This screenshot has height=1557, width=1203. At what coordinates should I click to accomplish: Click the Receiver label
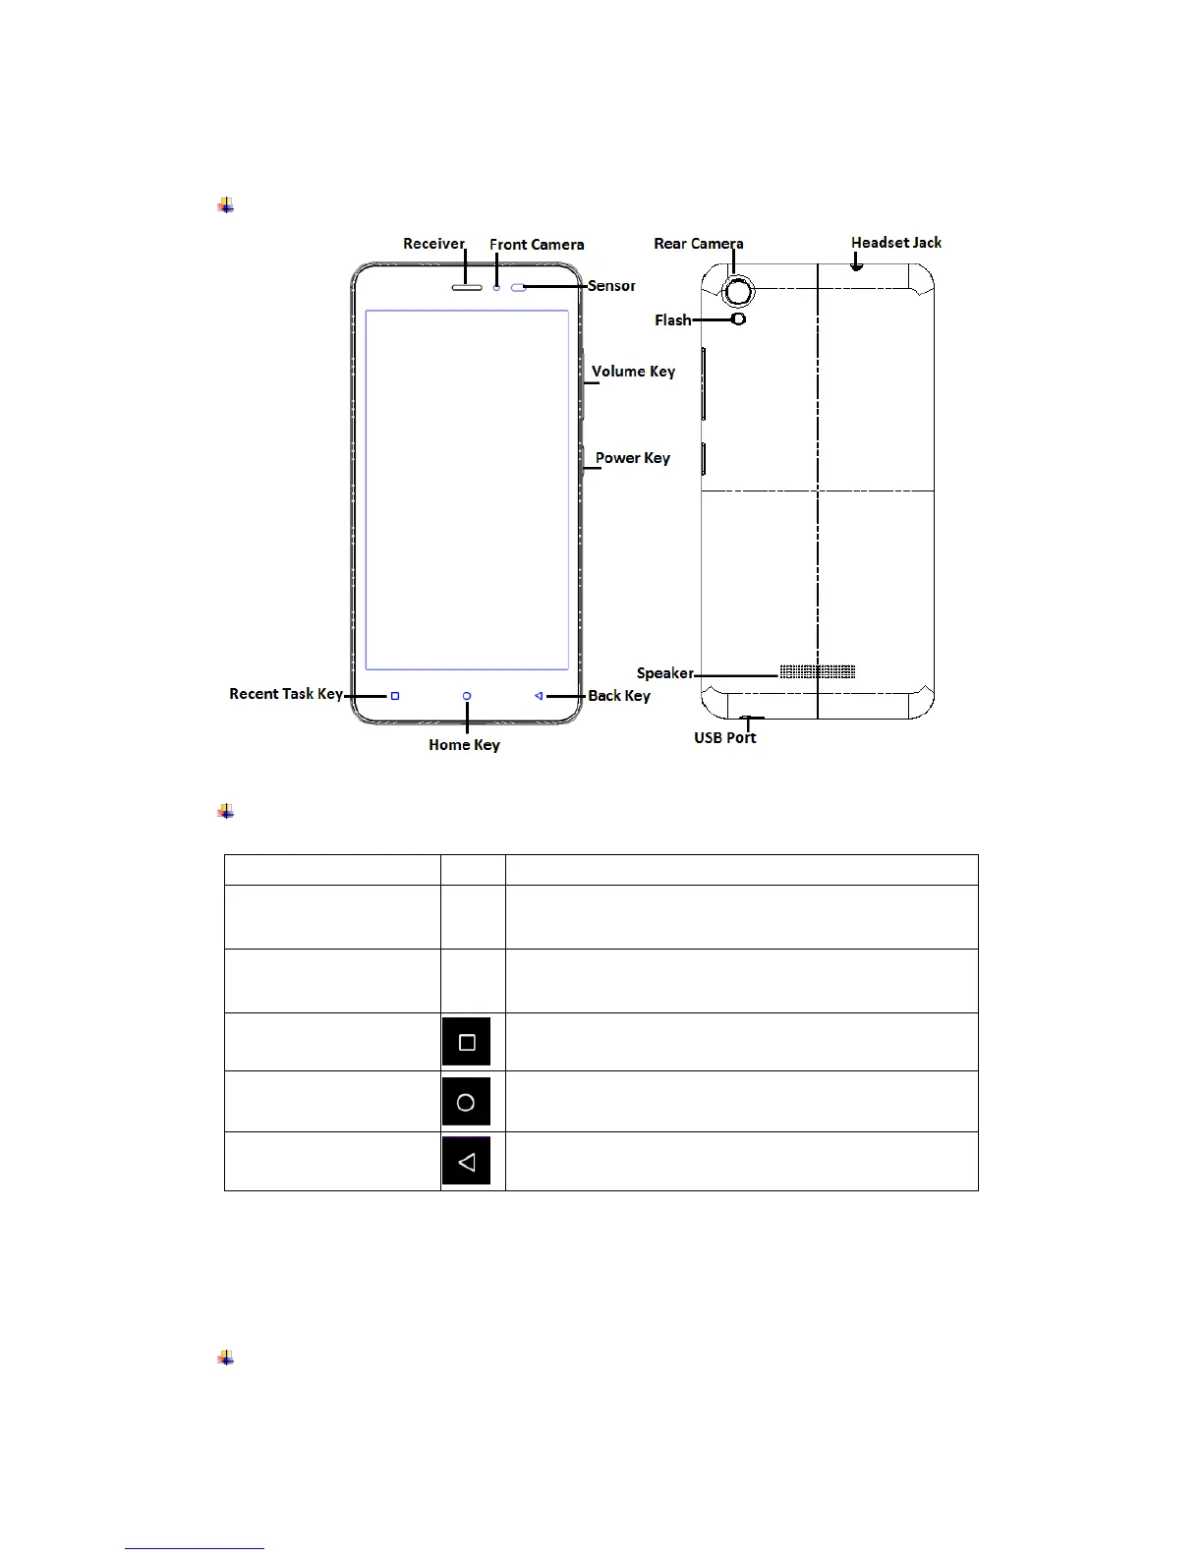433,244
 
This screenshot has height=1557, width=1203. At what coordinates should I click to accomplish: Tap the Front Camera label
537,245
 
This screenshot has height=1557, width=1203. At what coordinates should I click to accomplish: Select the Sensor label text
611,286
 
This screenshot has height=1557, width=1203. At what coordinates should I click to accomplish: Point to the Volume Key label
633,372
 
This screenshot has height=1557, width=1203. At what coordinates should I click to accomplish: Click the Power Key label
632,458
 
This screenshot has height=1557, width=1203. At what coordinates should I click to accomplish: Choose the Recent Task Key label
286,694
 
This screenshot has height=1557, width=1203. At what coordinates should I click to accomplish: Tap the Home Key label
464,745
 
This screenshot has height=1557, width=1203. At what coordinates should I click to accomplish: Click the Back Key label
619,696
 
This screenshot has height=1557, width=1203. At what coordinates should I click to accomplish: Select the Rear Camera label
698,244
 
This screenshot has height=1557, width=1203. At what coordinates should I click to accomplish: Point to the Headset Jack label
895,243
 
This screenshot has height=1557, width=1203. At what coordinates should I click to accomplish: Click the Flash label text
673,320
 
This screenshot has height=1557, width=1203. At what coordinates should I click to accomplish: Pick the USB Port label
724,738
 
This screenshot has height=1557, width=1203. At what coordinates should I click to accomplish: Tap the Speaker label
665,673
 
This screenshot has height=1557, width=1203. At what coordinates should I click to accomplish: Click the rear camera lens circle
738,290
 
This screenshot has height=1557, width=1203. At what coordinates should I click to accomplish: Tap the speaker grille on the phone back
817,672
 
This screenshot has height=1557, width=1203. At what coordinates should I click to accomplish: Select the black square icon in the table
467,1043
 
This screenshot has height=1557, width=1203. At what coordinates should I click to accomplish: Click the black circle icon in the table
466,1102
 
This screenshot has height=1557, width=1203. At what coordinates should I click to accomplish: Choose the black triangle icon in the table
466,1162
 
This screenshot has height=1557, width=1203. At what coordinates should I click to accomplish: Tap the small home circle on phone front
467,696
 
